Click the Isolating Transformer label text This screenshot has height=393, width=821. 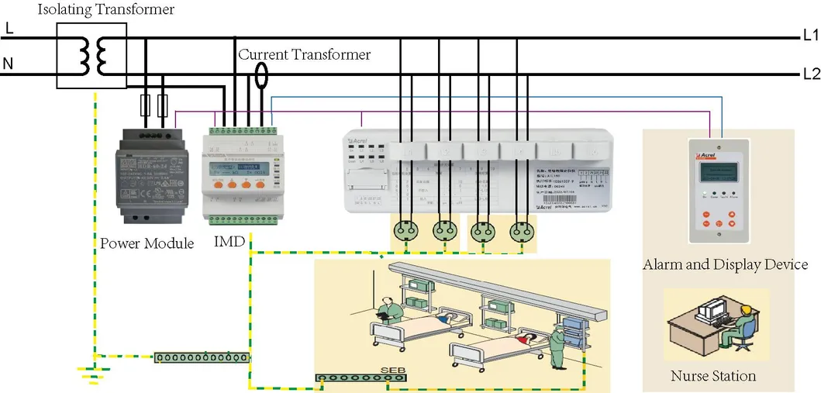106,10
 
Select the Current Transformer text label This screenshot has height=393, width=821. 304,55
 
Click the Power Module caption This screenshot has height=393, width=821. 147,243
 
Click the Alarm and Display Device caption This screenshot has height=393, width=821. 725,264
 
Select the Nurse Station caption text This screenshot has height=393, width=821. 712,376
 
